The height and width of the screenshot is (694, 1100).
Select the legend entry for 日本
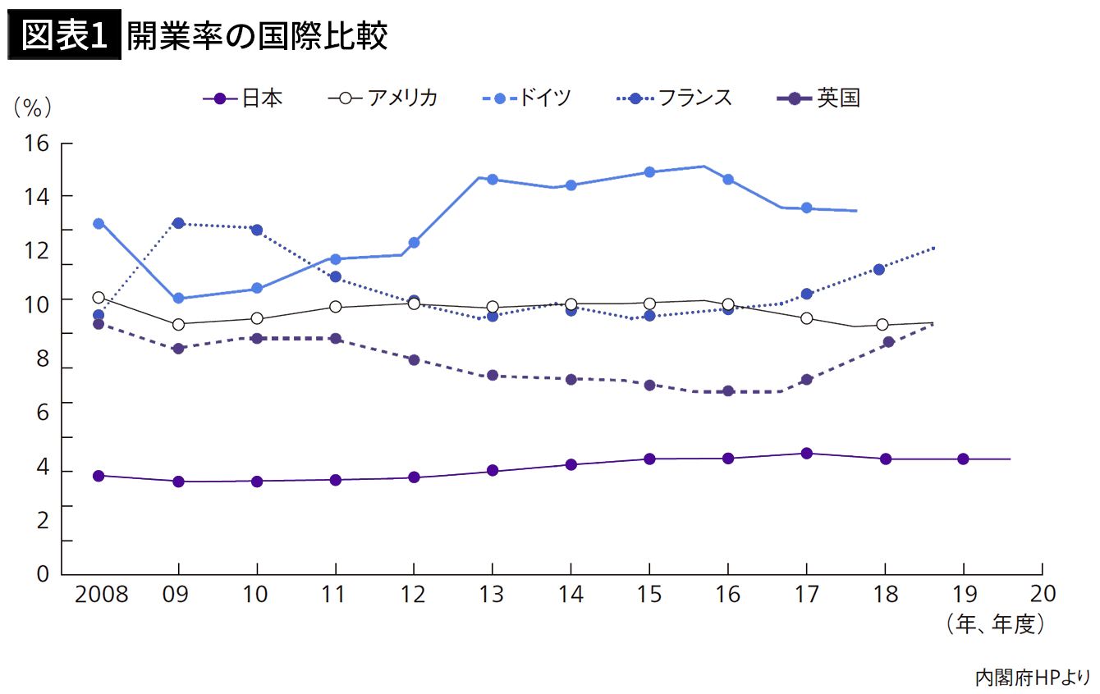click(243, 98)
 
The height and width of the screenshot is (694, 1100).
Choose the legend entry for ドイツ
click(527, 98)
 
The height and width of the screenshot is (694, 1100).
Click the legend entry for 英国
click(818, 98)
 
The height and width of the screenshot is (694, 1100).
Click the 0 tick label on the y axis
click(44, 573)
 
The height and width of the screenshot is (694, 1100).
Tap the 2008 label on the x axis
click(101, 594)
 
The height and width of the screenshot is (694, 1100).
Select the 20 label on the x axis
click(1041, 594)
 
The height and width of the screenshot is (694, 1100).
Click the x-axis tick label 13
click(492, 594)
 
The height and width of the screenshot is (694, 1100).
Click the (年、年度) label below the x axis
click(996, 624)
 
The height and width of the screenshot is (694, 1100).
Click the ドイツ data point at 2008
click(99, 223)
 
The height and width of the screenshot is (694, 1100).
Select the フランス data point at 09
click(178, 223)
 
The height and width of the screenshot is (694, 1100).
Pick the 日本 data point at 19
click(963, 459)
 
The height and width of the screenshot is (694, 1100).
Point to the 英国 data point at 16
click(727, 391)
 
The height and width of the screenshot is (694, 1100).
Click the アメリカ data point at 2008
click(99, 298)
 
